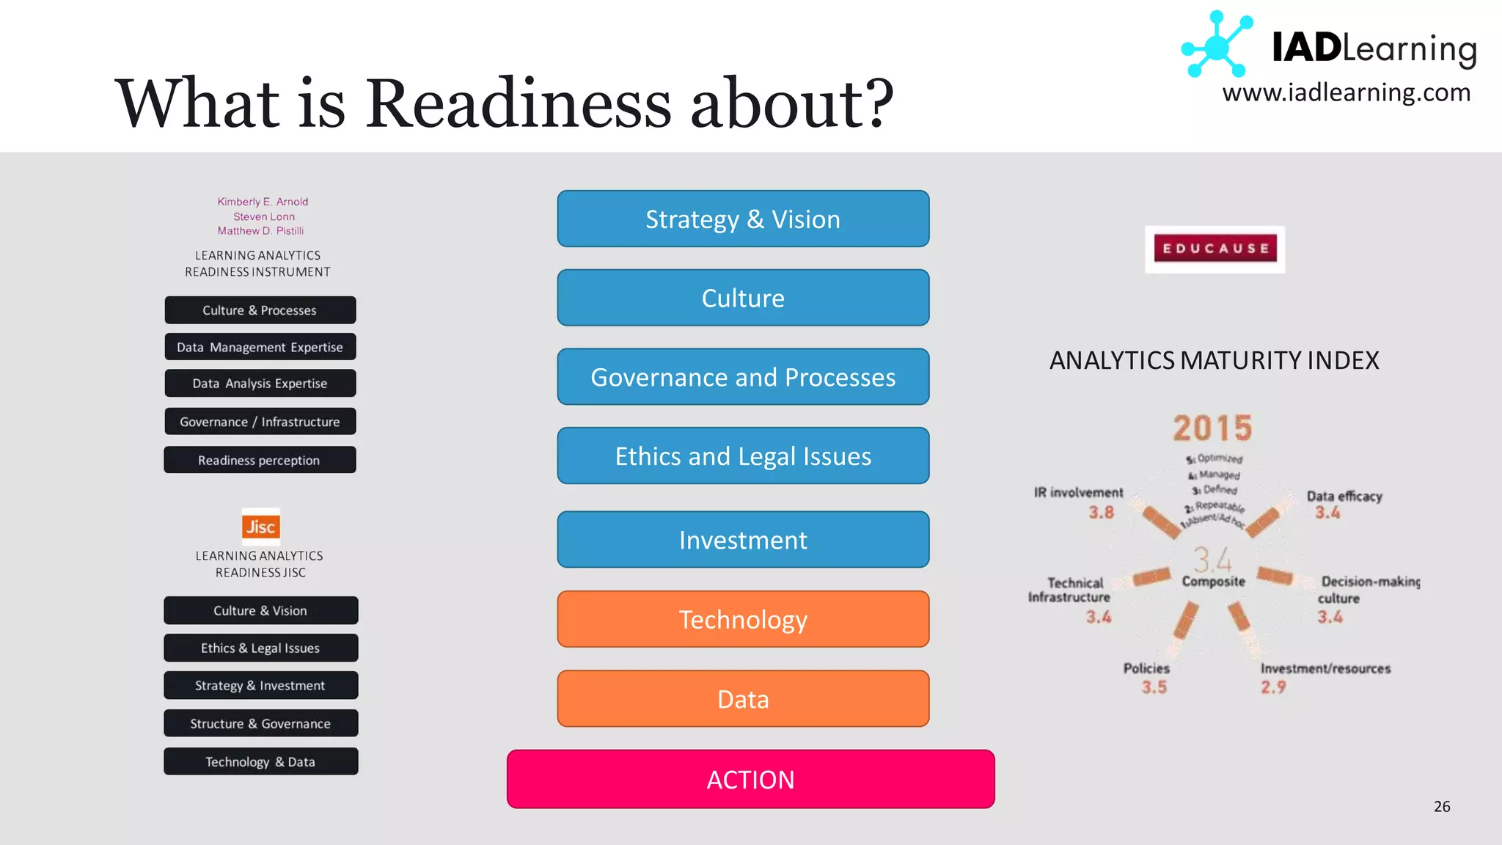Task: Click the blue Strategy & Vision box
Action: pos(743,219)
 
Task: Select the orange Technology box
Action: pos(743,620)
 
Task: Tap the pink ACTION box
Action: pos(750,779)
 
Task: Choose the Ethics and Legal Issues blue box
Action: pos(743,456)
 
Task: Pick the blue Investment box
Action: pos(743,540)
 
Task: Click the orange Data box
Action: pos(743,699)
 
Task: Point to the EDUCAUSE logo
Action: pos(1215,249)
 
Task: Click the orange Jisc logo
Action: pos(260,526)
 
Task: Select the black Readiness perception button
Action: pos(260,460)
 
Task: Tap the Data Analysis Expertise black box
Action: pos(260,383)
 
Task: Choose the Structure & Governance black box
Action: pos(260,723)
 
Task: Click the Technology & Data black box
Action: pos(260,761)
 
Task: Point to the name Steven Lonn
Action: pos(264,216)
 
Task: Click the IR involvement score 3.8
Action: pos(1101,512)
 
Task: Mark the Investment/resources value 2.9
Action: pos(1273,687)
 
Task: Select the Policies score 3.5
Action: pos(1154,687)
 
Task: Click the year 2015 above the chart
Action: pos(1212,428)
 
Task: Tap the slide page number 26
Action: pos(1442,806)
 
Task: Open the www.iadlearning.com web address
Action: pos(1347,93)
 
